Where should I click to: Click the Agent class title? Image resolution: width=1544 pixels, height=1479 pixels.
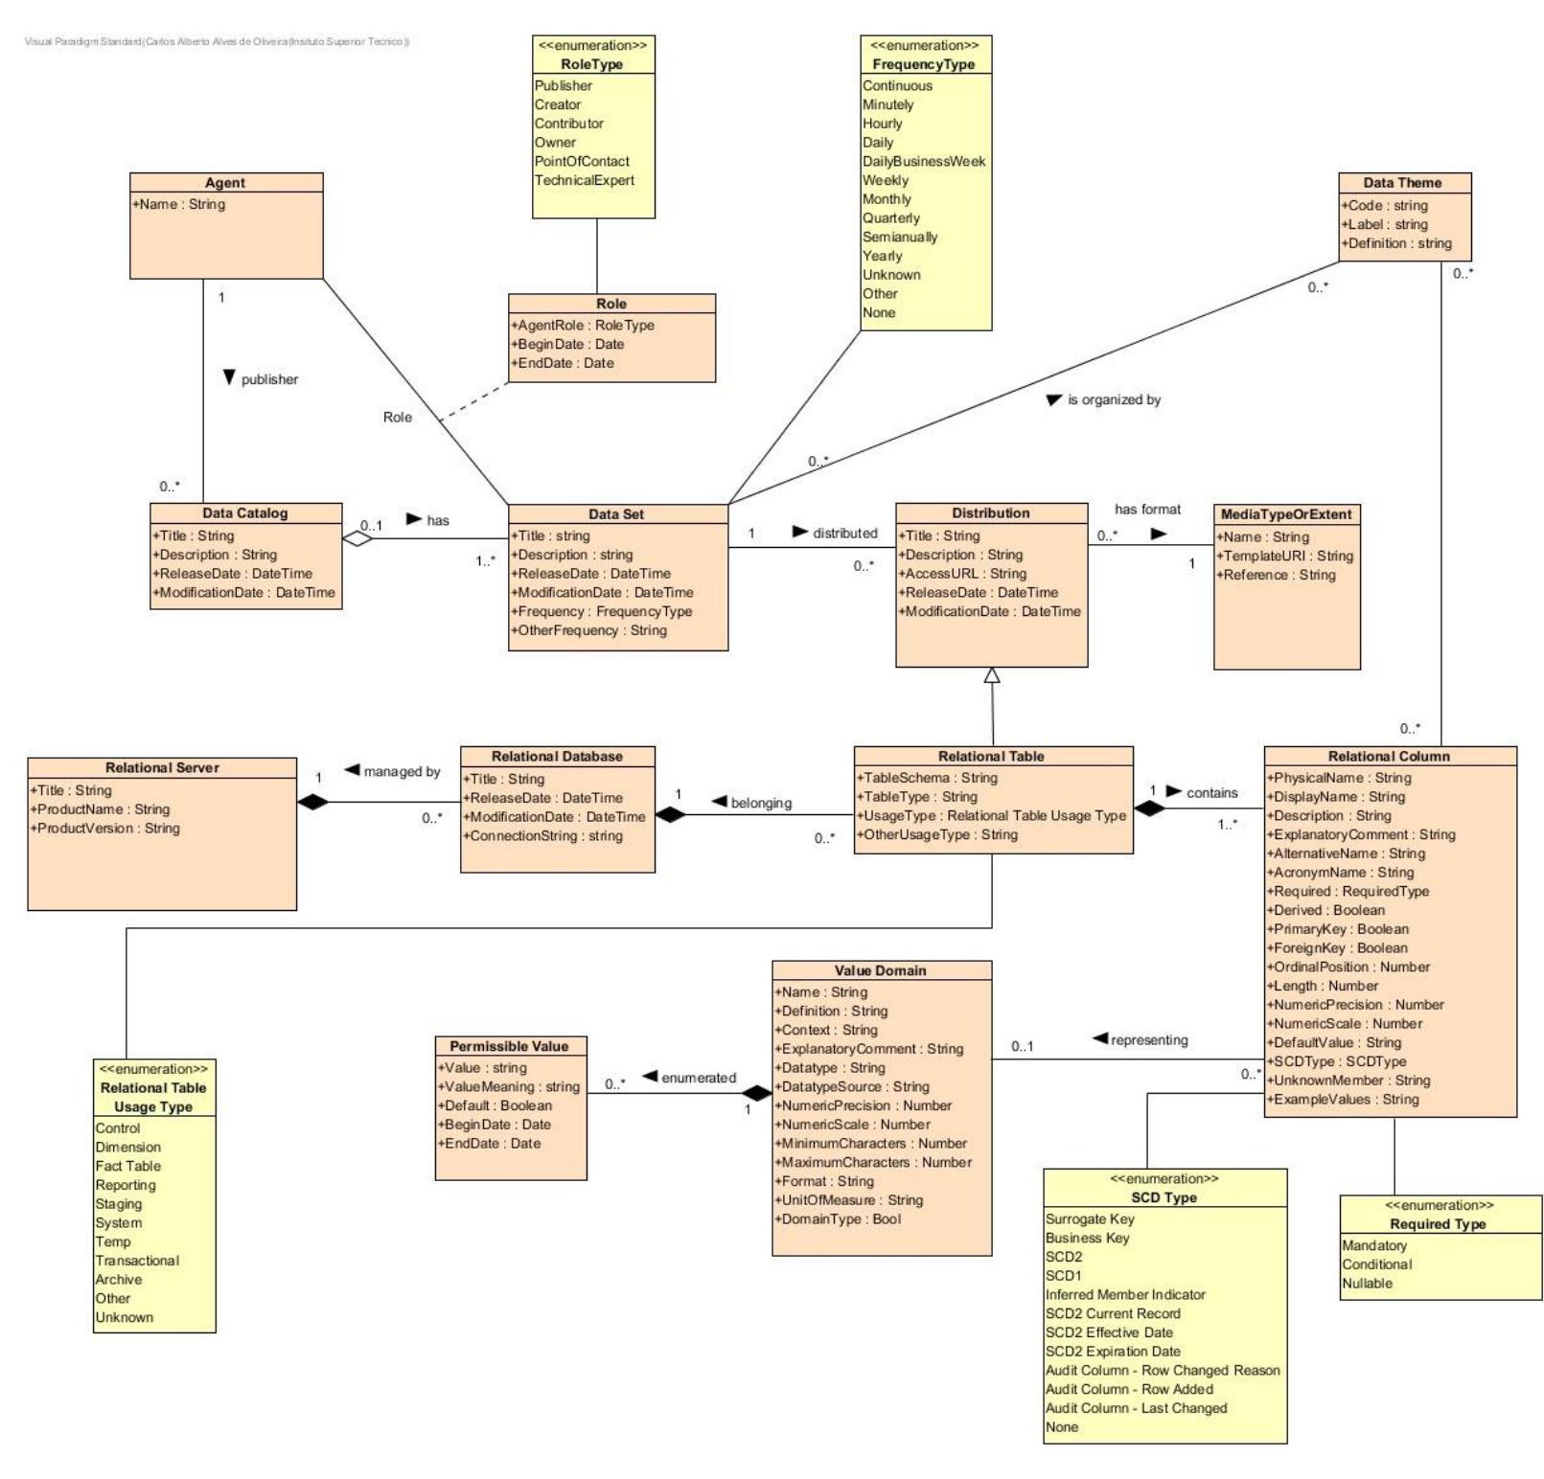coord(225,183)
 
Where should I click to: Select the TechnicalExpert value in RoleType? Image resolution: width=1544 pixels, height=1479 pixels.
coord(585,180)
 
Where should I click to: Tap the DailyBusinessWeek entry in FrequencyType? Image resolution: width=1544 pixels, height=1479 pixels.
coord(924,161)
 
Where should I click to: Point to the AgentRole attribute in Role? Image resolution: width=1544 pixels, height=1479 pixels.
coord(583,325)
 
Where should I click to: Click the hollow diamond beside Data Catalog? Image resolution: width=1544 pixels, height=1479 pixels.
coord(357,538)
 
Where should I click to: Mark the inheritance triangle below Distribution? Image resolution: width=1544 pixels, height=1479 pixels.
coord(992,675)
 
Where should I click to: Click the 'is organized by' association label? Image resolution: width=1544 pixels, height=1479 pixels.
coord(1114,399)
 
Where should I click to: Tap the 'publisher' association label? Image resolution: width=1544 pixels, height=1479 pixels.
coord(269,379)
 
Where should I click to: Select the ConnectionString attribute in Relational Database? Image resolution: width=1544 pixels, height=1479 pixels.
coord(542,835)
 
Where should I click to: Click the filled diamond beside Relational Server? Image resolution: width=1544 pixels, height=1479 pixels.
coord(312,803)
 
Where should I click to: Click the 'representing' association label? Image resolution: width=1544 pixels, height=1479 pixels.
coord(1148,1039)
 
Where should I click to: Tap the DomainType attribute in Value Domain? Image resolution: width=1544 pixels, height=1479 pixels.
coord(838,1218)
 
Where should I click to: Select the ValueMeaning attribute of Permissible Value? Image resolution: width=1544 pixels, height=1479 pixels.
coord(509,1086)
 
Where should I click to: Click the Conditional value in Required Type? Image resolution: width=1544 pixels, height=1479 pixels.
coord(1377,1264)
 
